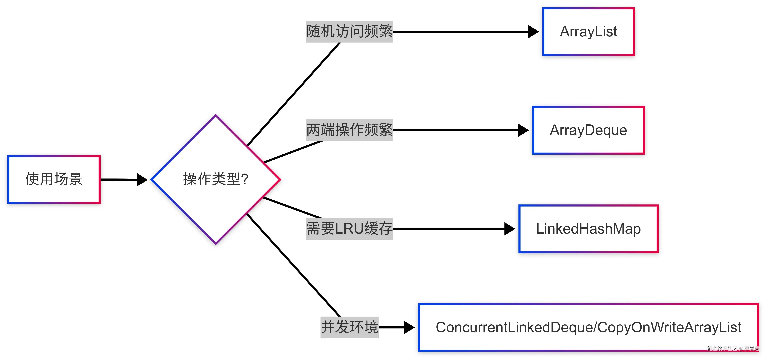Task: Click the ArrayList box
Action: (x=588, y=32)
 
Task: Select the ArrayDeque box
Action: (x=588, y=130)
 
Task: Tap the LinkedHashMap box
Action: (x=588, y=229)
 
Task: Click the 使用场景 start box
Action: (x=54, y=179)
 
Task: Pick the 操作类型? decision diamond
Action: (x=216, y=179)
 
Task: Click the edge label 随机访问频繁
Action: (x=349, y=32)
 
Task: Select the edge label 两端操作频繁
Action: (x=349, y=130)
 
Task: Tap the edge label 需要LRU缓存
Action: (x=349, y=229)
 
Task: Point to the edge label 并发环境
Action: (x=349, y=327)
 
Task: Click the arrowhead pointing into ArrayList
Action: (x=533, y=32)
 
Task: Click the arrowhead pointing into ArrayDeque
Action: (x=523, y=130)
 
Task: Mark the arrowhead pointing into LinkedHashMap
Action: (x=509, y=229)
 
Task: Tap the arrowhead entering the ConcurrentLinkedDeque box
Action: (x=409, y=327)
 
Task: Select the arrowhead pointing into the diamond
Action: (x=142, y=180)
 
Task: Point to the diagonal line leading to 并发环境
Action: (x=294, y=265)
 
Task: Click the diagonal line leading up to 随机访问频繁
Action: (x=294, y=94)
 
